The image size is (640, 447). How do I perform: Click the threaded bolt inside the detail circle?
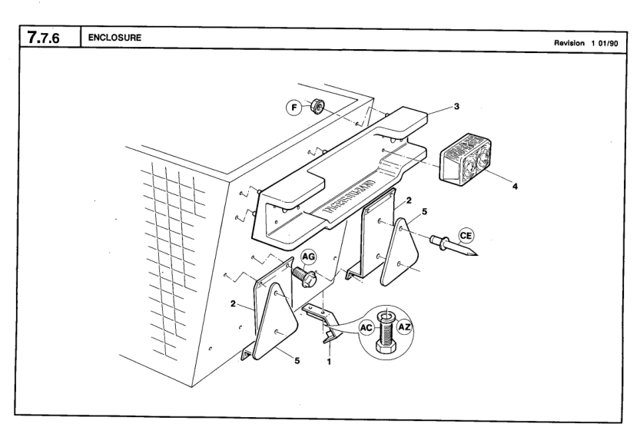(x=386, y=332)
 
